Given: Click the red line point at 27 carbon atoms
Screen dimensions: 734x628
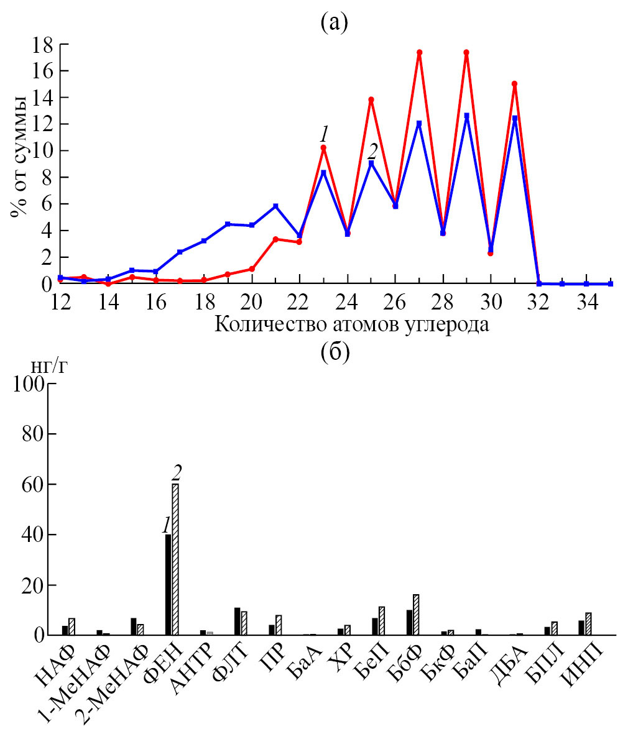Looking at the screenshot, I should coord(419,52).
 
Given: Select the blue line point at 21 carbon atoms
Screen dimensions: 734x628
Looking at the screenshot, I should coord(275,206).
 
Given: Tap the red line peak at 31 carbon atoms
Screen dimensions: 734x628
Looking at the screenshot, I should coord(514,83).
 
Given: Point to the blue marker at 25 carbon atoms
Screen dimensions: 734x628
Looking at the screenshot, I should coord(371,163).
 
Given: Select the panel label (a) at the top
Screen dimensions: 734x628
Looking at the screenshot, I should coord(335,23).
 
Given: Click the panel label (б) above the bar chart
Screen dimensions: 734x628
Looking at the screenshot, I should coord(335,353).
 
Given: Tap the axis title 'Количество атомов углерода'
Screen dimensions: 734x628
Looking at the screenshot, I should coord(351,324).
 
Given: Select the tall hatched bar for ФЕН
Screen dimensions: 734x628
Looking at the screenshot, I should coord(175,559).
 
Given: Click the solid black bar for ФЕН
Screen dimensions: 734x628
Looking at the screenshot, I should coord(168,584).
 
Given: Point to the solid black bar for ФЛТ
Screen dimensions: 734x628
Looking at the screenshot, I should coord(237,622).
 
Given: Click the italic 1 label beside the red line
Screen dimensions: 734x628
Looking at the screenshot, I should coord(323,133).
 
